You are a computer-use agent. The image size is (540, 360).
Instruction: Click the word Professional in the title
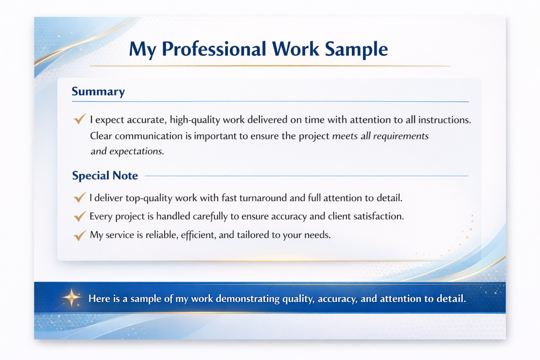[214, 49]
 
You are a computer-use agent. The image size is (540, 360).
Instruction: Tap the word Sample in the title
[356, 49]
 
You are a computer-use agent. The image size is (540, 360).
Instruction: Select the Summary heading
[98, 92]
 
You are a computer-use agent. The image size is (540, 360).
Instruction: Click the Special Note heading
[105, 175]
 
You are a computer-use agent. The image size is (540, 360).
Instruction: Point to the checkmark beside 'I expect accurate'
[80, 119]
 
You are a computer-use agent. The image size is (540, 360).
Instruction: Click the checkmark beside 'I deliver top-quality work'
[80, 197]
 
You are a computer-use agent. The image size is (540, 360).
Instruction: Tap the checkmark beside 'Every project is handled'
[80, 216]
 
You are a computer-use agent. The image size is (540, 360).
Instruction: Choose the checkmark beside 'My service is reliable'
[80, 235]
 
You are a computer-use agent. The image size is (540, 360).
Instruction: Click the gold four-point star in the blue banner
[72, 297]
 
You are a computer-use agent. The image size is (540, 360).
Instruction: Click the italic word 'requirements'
[401, 136]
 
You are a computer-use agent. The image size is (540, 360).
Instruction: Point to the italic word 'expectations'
[136, 152]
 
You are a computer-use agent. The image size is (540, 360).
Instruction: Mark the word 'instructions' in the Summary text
[444, 120]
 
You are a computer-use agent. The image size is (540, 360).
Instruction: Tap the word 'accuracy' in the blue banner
[337, 299]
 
